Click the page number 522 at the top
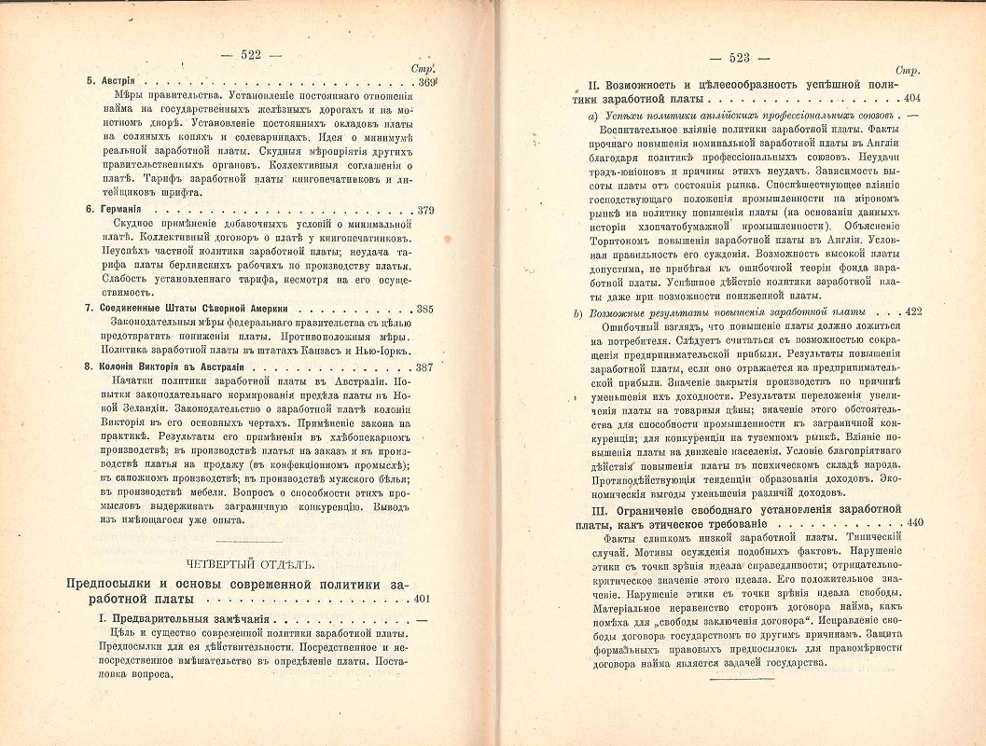click(249, 55)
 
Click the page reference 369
click(426, 82)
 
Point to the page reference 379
click(424, 210)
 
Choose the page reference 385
click(424, 309)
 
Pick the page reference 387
click(424, 368)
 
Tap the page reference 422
click(911, 311)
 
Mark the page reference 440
click(911, 522)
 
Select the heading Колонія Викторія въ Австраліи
click(173, 368)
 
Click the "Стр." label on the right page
click(907, 71)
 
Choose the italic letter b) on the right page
click(579, 311)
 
